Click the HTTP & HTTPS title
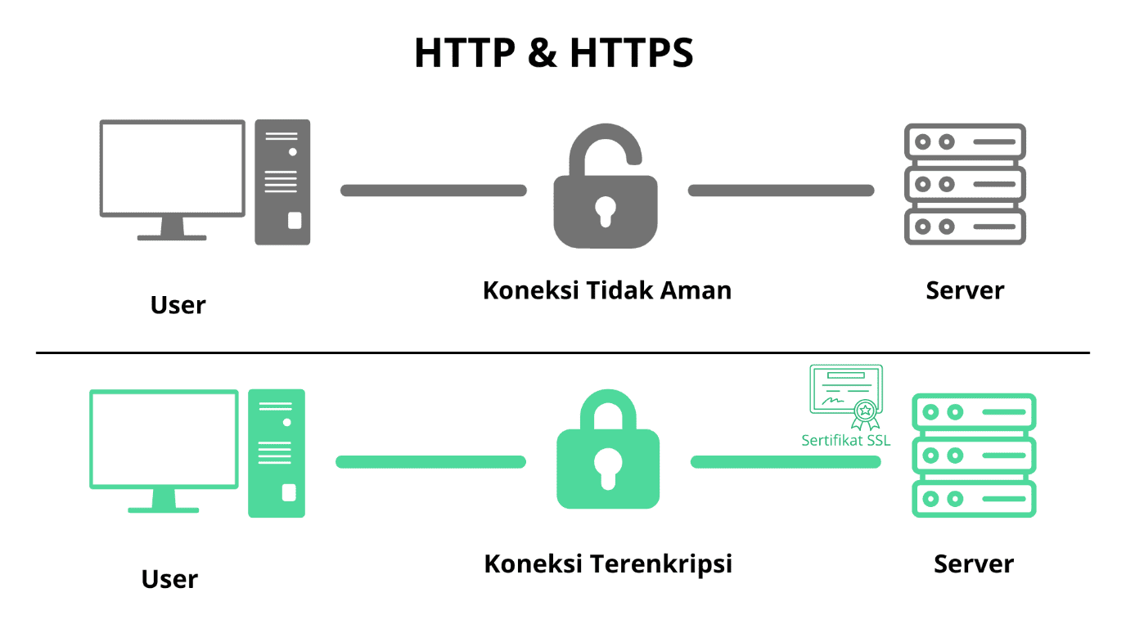(x=554, y=52)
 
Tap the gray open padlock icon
(x=606, y=211)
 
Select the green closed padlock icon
(x=608, y=467)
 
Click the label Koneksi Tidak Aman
(x=607, y=290)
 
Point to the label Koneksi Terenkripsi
(x=608, y=563)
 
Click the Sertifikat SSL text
(x=845, y=441)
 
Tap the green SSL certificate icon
(x=846, y=397)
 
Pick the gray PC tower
(x=282, y=182)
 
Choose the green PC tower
(x=277, y=453)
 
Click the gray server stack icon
(x=965, y=184)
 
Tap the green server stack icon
(x=974, y=456)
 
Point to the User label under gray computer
(x=178, y=305)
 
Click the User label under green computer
(x=169, y=579)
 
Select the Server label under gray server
(x=965, y=290)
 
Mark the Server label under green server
(x=974, y=563)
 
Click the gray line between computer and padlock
(x=434, y=191)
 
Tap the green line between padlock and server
(x=786, y=462)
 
